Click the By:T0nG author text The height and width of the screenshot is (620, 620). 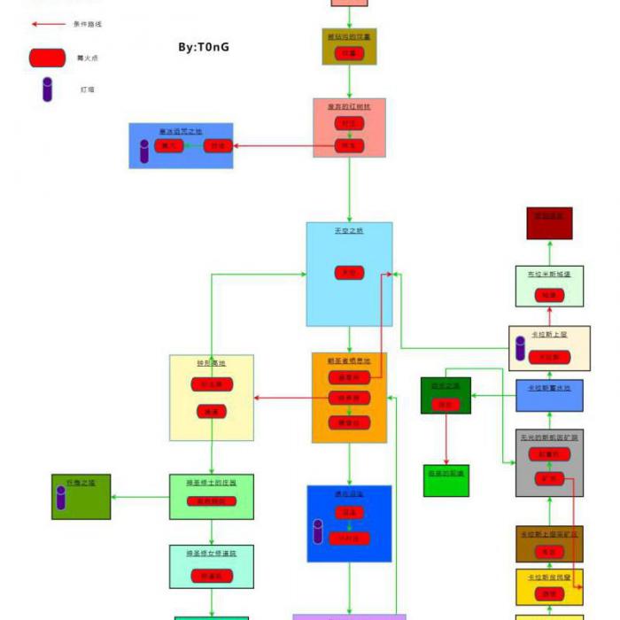coord(204,46)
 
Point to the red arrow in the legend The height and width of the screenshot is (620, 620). coord(48,24)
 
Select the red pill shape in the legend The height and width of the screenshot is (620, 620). coord(47,58)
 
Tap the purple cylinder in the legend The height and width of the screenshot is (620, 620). coord(47,89)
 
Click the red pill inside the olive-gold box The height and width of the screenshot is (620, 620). coord(350,53)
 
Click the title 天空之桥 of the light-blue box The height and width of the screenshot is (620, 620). coord(349,230)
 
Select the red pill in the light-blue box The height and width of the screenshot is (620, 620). coord(349,273)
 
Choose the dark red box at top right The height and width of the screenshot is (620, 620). coord(549,223)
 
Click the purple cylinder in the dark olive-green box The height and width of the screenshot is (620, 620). coord(61,498)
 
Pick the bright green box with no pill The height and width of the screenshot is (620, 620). coord(446,480)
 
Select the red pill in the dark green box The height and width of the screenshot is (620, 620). coord(446,405)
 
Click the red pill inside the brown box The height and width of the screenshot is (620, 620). coord(548,552)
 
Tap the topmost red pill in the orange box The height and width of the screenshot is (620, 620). coord(349,377)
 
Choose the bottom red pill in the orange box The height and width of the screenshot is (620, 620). coord(349,423)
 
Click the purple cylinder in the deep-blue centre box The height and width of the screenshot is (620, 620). coord(318,531)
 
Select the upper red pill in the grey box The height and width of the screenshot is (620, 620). coord(548,454)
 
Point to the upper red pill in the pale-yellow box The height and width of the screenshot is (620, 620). coord(212,384)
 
